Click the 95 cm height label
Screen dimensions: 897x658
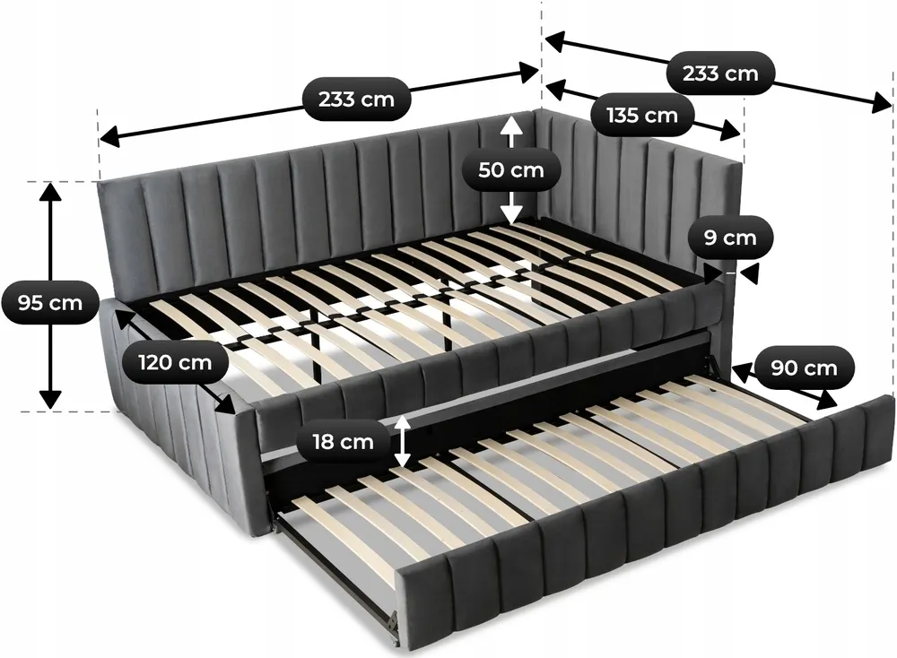[49, 302]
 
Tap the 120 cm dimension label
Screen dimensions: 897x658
[175, 362]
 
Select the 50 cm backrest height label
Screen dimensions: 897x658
[511, 169]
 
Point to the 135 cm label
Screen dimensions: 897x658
[642, 116]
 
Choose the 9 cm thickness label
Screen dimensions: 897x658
[730, 238]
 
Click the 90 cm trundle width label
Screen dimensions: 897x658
[804, 368]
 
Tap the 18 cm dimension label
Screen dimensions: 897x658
[343, 441]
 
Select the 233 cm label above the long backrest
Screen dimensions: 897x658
[356, 100]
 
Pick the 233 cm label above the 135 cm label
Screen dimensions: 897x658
[720, 74]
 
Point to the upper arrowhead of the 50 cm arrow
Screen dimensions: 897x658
[511, 126]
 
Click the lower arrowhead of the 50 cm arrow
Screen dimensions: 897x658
[511, 214]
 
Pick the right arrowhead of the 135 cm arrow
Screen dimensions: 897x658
[731, 131]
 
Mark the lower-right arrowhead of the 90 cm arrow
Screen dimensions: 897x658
[826, 400]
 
